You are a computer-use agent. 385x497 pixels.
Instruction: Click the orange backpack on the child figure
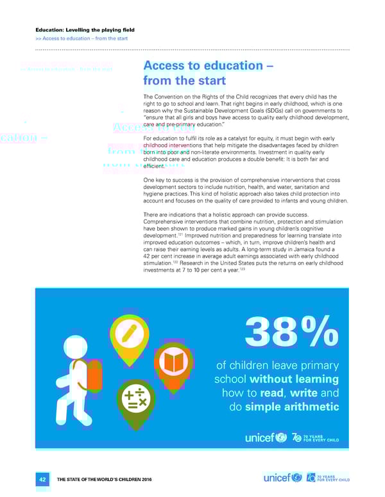pyautogui.click(x=94, y=374)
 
